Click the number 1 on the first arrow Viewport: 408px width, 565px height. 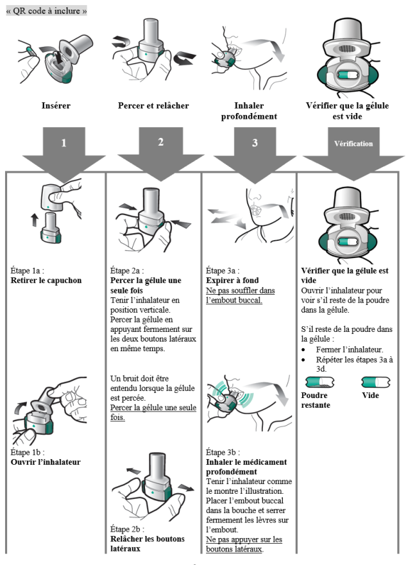point(63,143)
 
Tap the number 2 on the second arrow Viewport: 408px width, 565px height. point(160,143)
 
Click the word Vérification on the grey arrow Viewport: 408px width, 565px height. point(353,143)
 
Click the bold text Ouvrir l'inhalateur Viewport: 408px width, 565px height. point(46,461)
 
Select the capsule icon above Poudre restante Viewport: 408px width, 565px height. point(316,383)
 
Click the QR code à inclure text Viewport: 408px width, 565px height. point(47,12)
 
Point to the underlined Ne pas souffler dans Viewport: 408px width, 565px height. point(241,291)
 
